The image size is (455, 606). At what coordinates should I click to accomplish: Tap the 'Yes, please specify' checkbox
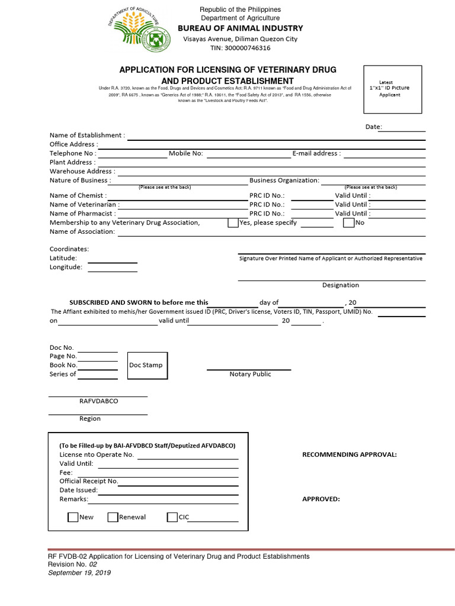[x=233, y=223]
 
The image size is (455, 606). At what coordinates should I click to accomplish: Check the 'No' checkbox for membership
[x=348, y=223]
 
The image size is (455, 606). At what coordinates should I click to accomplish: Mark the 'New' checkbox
[x=73, y=517]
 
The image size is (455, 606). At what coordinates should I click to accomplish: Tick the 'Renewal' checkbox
[x=113, y=517]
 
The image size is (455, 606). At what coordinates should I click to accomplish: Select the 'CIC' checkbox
[x=172, y=517]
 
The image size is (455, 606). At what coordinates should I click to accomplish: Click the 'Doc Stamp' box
[x=146, y=365]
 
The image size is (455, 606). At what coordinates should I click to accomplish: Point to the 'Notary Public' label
[x=250, y=374]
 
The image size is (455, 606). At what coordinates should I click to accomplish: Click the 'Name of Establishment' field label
[x=87, y=136]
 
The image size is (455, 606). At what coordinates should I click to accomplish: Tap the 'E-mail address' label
[x=316, y=153]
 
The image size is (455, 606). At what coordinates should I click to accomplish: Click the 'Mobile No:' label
[x=185, y=153]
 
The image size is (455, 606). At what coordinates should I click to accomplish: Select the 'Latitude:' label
[x=63, y=258]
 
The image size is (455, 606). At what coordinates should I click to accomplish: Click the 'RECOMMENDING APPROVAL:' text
[x=350, y=454]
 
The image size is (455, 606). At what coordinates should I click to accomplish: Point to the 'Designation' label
[x=340, y=285]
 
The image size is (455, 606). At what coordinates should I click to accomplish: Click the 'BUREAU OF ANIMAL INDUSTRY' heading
[x=241, y=28]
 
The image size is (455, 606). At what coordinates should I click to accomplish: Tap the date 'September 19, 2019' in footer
[x=79, y=573]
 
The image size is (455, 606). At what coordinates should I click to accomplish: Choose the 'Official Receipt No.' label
[x=89, y=481]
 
